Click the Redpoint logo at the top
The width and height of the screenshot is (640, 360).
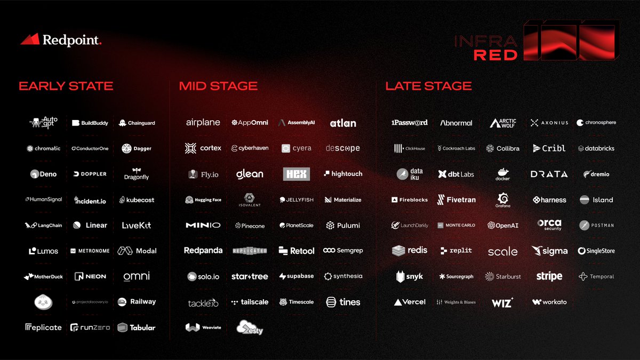point(61,39)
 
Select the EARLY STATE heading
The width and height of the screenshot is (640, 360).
point(66,86)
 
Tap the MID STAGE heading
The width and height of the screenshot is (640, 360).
point(218,86)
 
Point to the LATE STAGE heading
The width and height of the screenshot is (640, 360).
point(429,86)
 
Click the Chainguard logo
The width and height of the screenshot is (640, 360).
point(137,123)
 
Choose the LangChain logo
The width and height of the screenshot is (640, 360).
point(43,226)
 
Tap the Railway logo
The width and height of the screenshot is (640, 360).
point(137,302)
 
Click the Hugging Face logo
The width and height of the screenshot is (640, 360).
point(203,200)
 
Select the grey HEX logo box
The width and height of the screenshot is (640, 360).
point(297,174)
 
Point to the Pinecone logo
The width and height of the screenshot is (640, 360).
point(250,226)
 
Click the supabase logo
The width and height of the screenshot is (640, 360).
point(297,276)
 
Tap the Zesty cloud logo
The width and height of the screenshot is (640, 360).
point(250,327)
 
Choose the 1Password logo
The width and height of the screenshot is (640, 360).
point(410,123)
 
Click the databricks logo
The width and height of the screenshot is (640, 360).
point(596,149)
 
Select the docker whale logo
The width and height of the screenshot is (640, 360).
point(503,174)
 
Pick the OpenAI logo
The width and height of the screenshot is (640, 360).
point(503,226)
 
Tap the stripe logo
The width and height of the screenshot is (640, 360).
point(549,276)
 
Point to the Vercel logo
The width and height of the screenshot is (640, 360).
point(410,302)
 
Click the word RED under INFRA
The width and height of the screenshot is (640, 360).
point(495,54)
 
